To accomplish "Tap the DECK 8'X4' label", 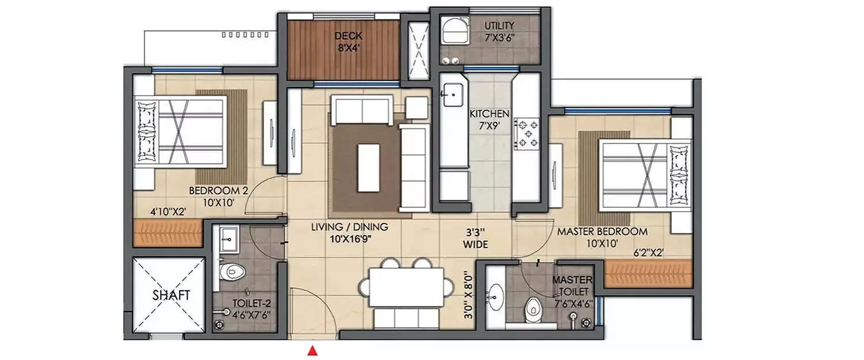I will (350, 42).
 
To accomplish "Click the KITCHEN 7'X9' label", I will (489, 119).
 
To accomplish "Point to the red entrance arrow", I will (312, 350).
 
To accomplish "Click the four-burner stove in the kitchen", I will (526, 133).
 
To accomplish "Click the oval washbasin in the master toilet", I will (494, 297).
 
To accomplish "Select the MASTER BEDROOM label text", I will (601, 232).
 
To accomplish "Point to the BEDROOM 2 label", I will (218, 191).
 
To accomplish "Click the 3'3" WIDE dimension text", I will (476, 238).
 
